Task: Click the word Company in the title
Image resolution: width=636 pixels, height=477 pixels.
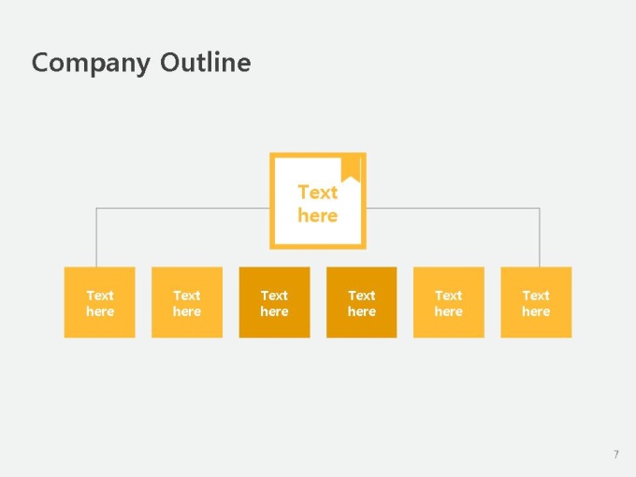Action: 91,64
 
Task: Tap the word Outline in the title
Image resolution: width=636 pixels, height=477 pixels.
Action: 206,62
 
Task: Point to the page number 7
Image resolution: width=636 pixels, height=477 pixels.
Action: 616,455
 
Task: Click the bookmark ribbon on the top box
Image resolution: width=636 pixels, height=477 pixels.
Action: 351,169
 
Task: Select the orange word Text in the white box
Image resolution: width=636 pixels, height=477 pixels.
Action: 318,193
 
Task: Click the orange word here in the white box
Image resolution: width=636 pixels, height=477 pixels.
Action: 318,215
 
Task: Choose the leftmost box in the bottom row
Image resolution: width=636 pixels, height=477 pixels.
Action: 100,302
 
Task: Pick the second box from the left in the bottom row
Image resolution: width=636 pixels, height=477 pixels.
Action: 187,302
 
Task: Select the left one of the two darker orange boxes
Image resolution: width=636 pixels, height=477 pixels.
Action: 275,302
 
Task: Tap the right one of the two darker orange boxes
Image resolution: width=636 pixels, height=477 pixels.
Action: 362,302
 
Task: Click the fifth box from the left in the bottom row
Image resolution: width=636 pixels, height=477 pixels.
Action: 449,302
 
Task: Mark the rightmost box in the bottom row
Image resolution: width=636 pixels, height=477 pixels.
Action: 536,302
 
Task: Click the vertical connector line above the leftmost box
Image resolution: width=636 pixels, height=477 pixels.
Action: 96,238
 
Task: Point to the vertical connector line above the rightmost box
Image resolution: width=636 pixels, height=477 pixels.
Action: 540,238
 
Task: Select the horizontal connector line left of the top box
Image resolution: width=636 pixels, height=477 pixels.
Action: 183,208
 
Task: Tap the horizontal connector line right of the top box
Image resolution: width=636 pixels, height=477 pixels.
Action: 453,208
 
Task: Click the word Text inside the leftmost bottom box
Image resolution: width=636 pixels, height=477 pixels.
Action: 100,296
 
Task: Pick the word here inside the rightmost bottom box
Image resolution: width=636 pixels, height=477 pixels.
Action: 536,311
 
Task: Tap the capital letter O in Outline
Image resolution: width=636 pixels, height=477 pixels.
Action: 170,63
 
